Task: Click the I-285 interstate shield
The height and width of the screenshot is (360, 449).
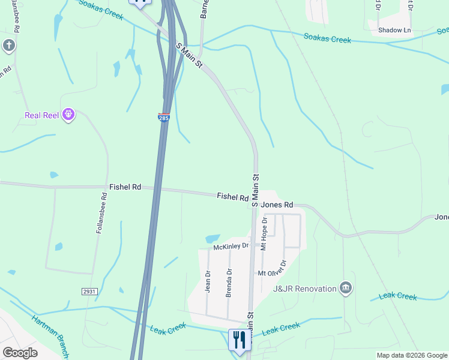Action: coord(164,117)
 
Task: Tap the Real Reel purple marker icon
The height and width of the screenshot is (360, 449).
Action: coord(68,114)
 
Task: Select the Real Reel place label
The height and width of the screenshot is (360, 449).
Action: coord(41,115)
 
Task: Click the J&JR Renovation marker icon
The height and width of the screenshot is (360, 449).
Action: coord(345,289)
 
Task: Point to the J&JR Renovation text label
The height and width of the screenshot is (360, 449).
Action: coord(304,289)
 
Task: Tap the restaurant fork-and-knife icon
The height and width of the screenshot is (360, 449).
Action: coord(240,340)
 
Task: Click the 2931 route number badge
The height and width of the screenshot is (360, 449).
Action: coord(89,291)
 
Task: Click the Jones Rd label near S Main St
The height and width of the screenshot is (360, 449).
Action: coord(277,204)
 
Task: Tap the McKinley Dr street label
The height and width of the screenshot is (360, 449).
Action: coord(231,247)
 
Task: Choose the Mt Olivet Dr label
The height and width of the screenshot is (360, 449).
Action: coord(274,269)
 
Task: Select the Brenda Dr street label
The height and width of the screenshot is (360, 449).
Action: coord(229,283)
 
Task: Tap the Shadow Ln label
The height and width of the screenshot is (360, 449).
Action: coord(394,30)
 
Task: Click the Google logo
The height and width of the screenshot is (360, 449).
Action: coord(20,353)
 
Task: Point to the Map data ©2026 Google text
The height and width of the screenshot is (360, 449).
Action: coord(411,355)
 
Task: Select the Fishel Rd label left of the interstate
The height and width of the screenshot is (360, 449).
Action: coord(125,187)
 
